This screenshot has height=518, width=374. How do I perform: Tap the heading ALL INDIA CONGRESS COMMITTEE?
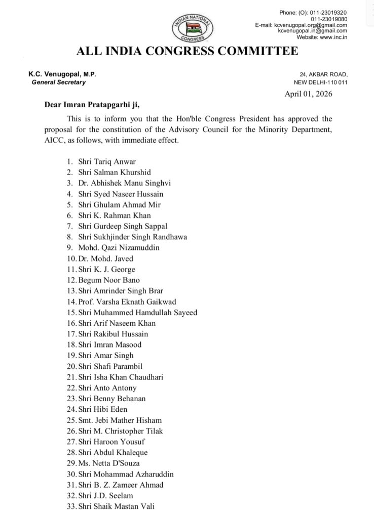pyautogui.click(x=187, y=52)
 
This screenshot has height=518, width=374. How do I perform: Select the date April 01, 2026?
pyautogui.click(x=309, y=94)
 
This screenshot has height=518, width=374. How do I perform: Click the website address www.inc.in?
pyautogui.click(x=332, y=37)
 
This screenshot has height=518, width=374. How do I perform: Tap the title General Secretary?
pyautogui.click(x=59, y=82)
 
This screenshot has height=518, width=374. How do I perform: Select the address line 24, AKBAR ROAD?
pyautogui.click(x=321, y=74)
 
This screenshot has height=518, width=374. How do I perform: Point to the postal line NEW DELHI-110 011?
pyautogui.click(x=320, y=82)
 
